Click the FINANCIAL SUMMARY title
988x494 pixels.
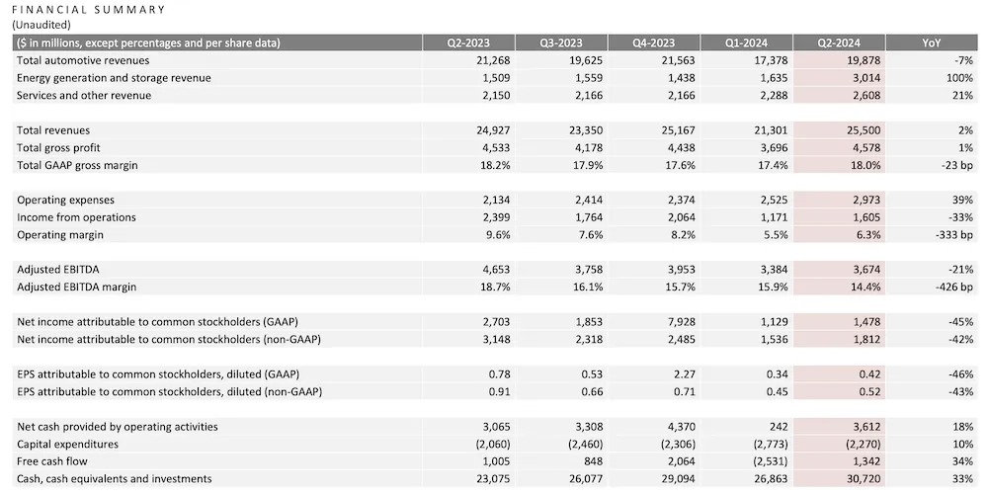tap(89, 10)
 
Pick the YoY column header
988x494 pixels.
tap(931, 42)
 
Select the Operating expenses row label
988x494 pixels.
tap(64, 200)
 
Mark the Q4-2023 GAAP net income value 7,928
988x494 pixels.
tap(676, 322)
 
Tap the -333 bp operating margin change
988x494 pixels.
tap(953, 235)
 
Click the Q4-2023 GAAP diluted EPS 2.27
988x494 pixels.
tap(682, 374)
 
